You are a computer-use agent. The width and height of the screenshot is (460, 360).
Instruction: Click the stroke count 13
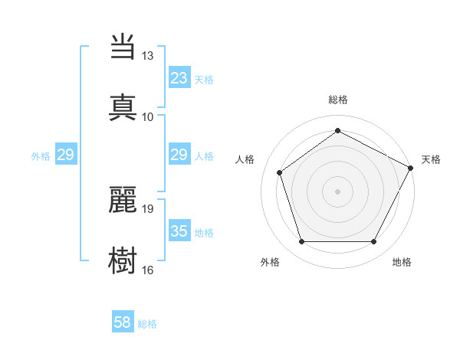click(147, 56)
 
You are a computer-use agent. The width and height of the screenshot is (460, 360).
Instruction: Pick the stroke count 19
click(147, 208)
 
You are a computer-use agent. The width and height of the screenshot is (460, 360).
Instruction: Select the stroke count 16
click(147, 270)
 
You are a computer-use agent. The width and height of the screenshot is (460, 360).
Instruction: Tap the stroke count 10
click(147, 116)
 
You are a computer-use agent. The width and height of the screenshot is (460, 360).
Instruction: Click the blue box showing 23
click(179, 78)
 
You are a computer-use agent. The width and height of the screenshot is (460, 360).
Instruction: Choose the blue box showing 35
click(179, 231)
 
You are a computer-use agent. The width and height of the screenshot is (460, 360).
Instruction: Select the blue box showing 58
click(123, 323)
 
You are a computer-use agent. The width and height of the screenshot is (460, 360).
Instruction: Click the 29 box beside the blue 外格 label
click(65, 155)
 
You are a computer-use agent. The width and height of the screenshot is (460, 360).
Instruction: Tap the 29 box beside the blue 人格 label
click(179, 155)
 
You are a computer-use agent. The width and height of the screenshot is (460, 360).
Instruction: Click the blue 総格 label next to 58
click(147, 324)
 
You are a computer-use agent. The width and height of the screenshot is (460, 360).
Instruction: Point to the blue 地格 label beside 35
click(204, 232)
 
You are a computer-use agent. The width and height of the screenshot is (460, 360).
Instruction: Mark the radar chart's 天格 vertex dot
click(412, 168)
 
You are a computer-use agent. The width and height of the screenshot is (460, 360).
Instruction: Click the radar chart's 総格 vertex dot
click(337, 131)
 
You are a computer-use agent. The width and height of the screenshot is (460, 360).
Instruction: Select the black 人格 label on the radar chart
click(245, 159)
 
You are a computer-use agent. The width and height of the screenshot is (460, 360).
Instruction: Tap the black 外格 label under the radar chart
click(270, 262)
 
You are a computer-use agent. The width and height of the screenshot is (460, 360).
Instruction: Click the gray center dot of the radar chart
click(337, 191)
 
